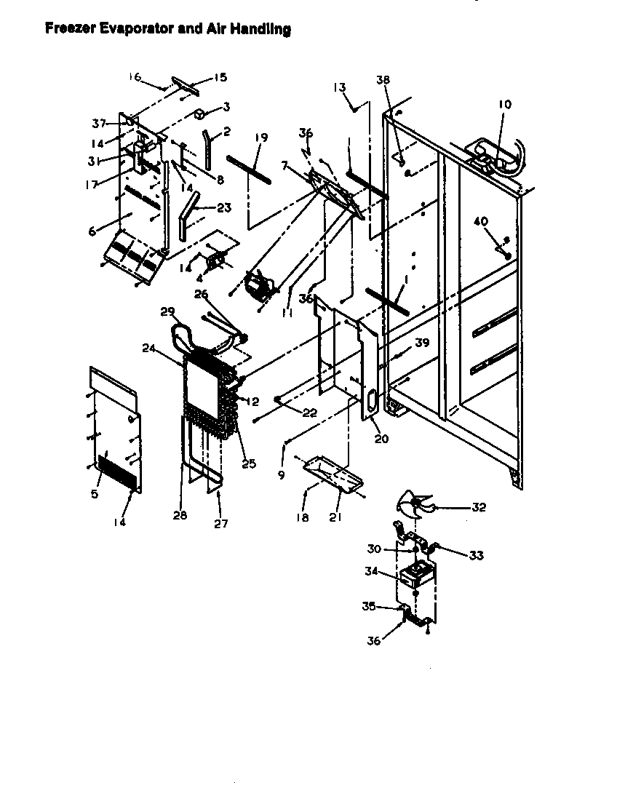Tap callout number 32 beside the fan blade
(479, 507)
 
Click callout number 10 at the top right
(504, 105)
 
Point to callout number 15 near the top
(218, 78)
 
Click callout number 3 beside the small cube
(226, 107)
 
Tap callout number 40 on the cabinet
(480, 221)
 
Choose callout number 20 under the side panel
(382, 439)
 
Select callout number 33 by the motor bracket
(476, 555)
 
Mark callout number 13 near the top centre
(339, 87)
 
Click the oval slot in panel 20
(372, 401)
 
